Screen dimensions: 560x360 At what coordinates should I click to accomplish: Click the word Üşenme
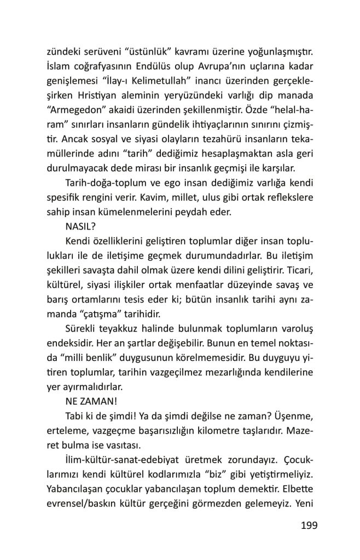pos(294,414)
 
